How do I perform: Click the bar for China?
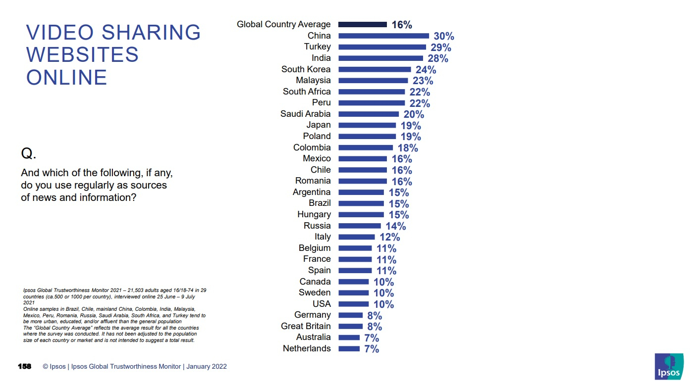click(383, 36)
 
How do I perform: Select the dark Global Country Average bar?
click(362, 24)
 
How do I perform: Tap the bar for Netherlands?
click(349, 348)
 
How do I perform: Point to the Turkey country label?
click(317, 47)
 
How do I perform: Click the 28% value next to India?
click(438, 58)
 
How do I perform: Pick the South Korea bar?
click(375, 69)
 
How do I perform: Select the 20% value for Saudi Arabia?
click(414, 114)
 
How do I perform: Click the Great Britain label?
click(306, 326)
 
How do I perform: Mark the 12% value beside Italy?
click(390, 237)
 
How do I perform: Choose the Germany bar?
click(350, 315)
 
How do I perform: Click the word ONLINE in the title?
click(66, 78)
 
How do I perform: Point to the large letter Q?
click(28, 154)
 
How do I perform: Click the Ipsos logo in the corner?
click(669, 367)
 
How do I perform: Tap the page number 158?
click(24, 366)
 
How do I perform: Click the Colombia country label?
click(312, 147)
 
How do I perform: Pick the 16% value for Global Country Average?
click(402, 25)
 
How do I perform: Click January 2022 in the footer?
click(207, 367)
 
